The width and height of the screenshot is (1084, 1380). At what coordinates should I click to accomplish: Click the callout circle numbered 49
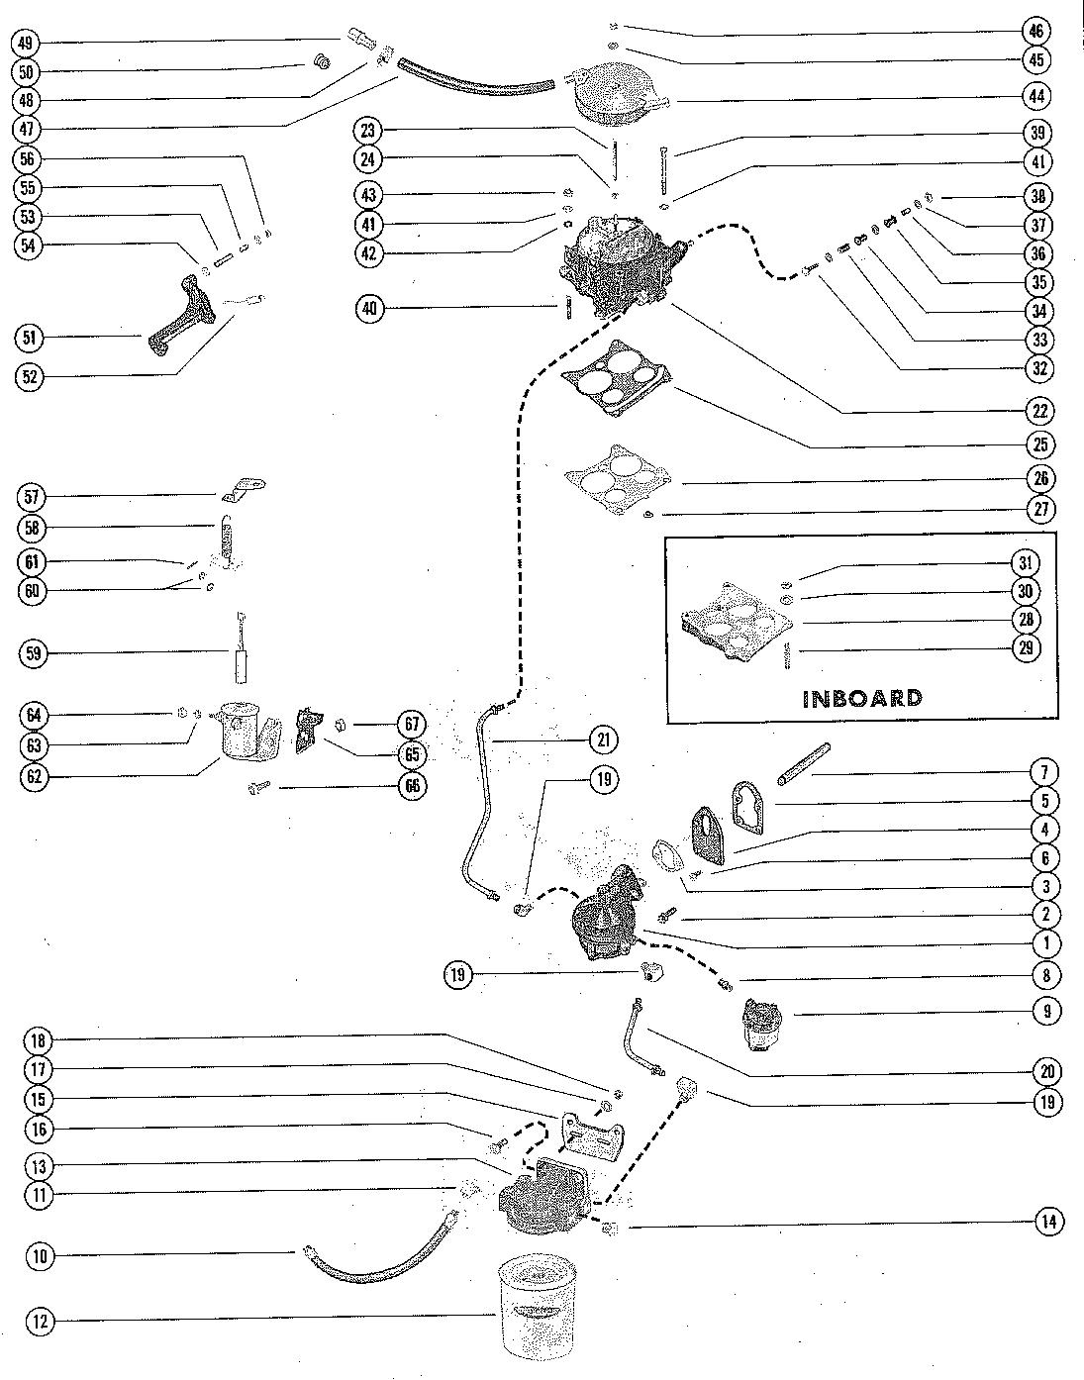point(26,44)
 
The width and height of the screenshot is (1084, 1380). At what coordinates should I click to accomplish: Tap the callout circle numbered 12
point(40,1323)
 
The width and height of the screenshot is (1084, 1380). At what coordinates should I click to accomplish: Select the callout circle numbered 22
point(1038,410)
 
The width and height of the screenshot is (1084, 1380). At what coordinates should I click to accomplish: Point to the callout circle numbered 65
point(412,755)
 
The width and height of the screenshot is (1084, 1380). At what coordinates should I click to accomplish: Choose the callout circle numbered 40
point(369,309)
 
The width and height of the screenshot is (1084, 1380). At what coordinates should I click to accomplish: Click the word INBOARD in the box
point(861,699)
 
